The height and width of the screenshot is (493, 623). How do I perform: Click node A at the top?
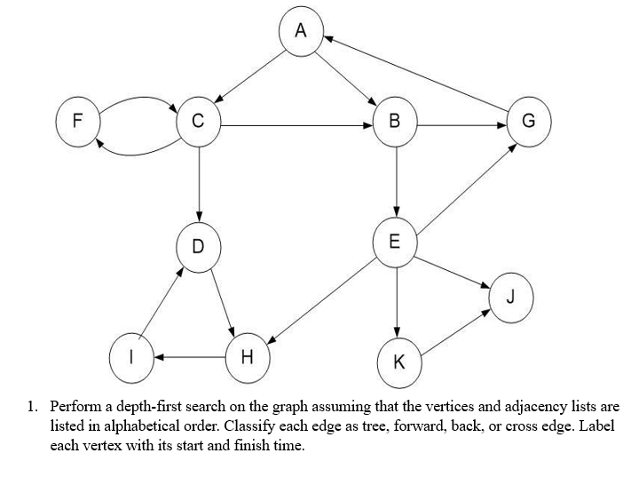(x=300, y=31)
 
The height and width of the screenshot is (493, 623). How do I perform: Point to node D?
(x=198, y=245)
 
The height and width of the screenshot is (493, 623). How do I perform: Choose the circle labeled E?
(x=395, y=241)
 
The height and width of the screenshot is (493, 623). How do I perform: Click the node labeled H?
(x=248, y=357)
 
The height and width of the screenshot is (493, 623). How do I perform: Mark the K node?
(x=398, y=361)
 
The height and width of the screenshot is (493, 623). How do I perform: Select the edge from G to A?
(x=417, y=77)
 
